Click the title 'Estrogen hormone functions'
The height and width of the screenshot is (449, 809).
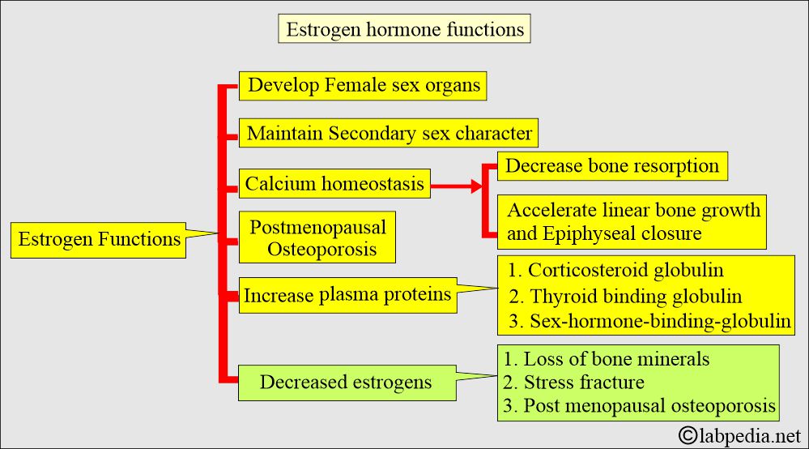[x=405, y=30]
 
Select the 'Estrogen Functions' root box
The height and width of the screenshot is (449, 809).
[x=99, y=239]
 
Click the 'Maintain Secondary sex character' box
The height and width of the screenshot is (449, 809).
[x=389, y=133]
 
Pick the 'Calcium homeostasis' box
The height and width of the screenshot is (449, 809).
[x=334, y=184]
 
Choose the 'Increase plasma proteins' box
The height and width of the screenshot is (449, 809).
[x=347, y=295]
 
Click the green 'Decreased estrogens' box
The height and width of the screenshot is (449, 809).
[x=345, y=381]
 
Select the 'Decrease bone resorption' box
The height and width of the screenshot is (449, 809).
[x=611, y=166]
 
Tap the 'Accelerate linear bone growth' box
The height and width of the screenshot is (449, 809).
[x=633, y=211]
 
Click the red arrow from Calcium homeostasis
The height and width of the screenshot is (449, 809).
[x=457, y=186]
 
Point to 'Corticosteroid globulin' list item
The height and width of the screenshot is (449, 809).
[x=616, y=270]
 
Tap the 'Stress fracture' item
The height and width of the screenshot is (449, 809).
[x=574, y=382]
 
